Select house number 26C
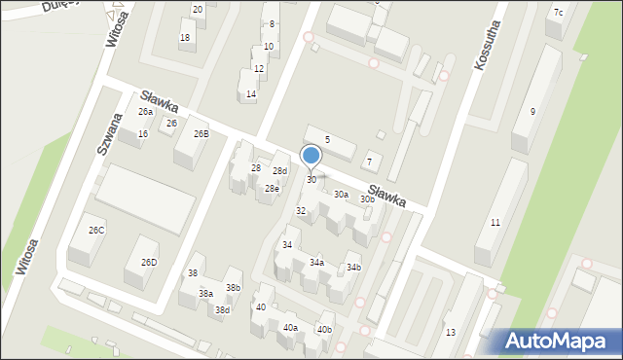tap(96, 230)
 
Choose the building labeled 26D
tap(149, 263)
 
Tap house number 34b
tap(353, 268)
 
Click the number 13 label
tap(450, 333)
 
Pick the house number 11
tap(495, 223)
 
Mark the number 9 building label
tap(532, 112)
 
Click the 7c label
tap(558, 13)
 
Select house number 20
tap(198, 10)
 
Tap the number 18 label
tap(185, 38)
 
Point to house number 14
tap(251, 94)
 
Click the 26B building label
tap(201, 134)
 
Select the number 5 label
tap(327, 140)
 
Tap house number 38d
tap(222, 310)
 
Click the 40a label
tap(290, 328)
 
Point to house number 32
tap(301, 210)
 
